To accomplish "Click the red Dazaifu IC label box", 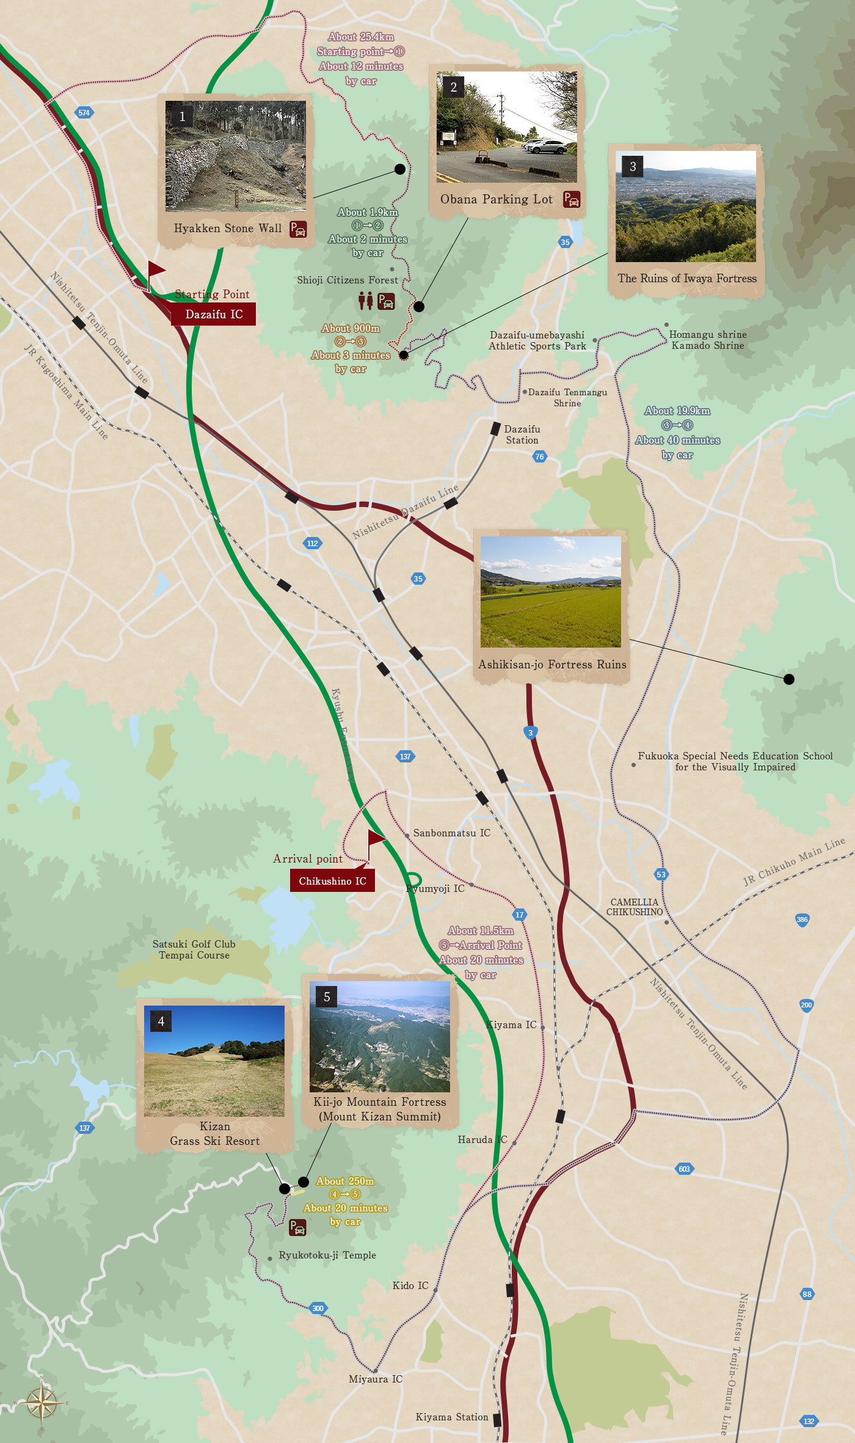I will tap(213, 314).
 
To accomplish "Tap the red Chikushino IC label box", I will tap(332, 880).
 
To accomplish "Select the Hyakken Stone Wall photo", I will tap(235, 156).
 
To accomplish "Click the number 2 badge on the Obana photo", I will tap(453, 87).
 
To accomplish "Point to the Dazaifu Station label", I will tap(522, 434).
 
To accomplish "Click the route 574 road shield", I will tap(84, 112).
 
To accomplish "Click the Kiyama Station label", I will tap(451, 1417).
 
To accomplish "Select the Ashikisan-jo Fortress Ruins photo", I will tap(550, 591).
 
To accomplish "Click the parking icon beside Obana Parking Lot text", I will tap(572, 199).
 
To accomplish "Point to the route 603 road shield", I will tap(684, 1169).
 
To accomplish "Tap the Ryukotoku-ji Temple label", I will tap(327, 1255).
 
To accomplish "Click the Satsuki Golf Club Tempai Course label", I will tap(194, 949).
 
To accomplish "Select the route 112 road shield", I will tap(312, 543).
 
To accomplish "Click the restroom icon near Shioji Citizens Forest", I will tap(365, 301).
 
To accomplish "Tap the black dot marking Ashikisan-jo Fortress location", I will tap(788, 679).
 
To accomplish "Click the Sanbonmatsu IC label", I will tap(451, 833).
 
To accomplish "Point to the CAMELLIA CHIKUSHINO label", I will tap(634, 907).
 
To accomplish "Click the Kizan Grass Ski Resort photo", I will tap(214, 1061).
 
